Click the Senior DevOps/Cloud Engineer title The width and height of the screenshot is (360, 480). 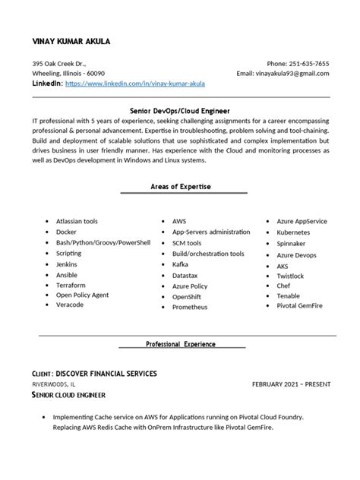[x=180, y=111]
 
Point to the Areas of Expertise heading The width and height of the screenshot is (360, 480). [x=180, y=186]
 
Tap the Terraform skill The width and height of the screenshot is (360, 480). [x=71, y=284]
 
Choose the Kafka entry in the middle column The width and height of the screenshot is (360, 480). [x=182, y=264]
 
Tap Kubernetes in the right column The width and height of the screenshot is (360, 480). [x=294, y=232]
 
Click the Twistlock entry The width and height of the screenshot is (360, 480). [x=291, y=276]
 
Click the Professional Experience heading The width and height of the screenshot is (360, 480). [x=181, y=344]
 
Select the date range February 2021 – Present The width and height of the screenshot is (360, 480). [x=291, y=385]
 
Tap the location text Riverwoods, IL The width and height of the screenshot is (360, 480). [x=53, y=385]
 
